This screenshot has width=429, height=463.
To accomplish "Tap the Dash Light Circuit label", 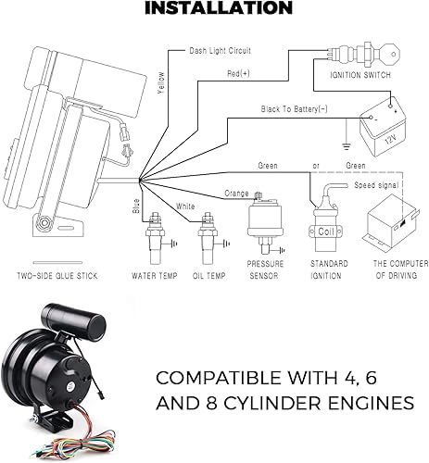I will click(x=221, y=52).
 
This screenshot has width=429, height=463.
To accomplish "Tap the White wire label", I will click(x=186, y=206).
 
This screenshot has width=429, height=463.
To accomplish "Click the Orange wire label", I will click(x=237, y=194).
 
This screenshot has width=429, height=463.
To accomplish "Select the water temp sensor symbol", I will click(x=152, y=245).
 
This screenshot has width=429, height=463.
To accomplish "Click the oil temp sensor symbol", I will click(x=207, y=245).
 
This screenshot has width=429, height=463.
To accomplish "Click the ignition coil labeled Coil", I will click(x=326, y=222).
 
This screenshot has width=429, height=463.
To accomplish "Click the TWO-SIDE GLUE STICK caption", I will click(x=61, y=276).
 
